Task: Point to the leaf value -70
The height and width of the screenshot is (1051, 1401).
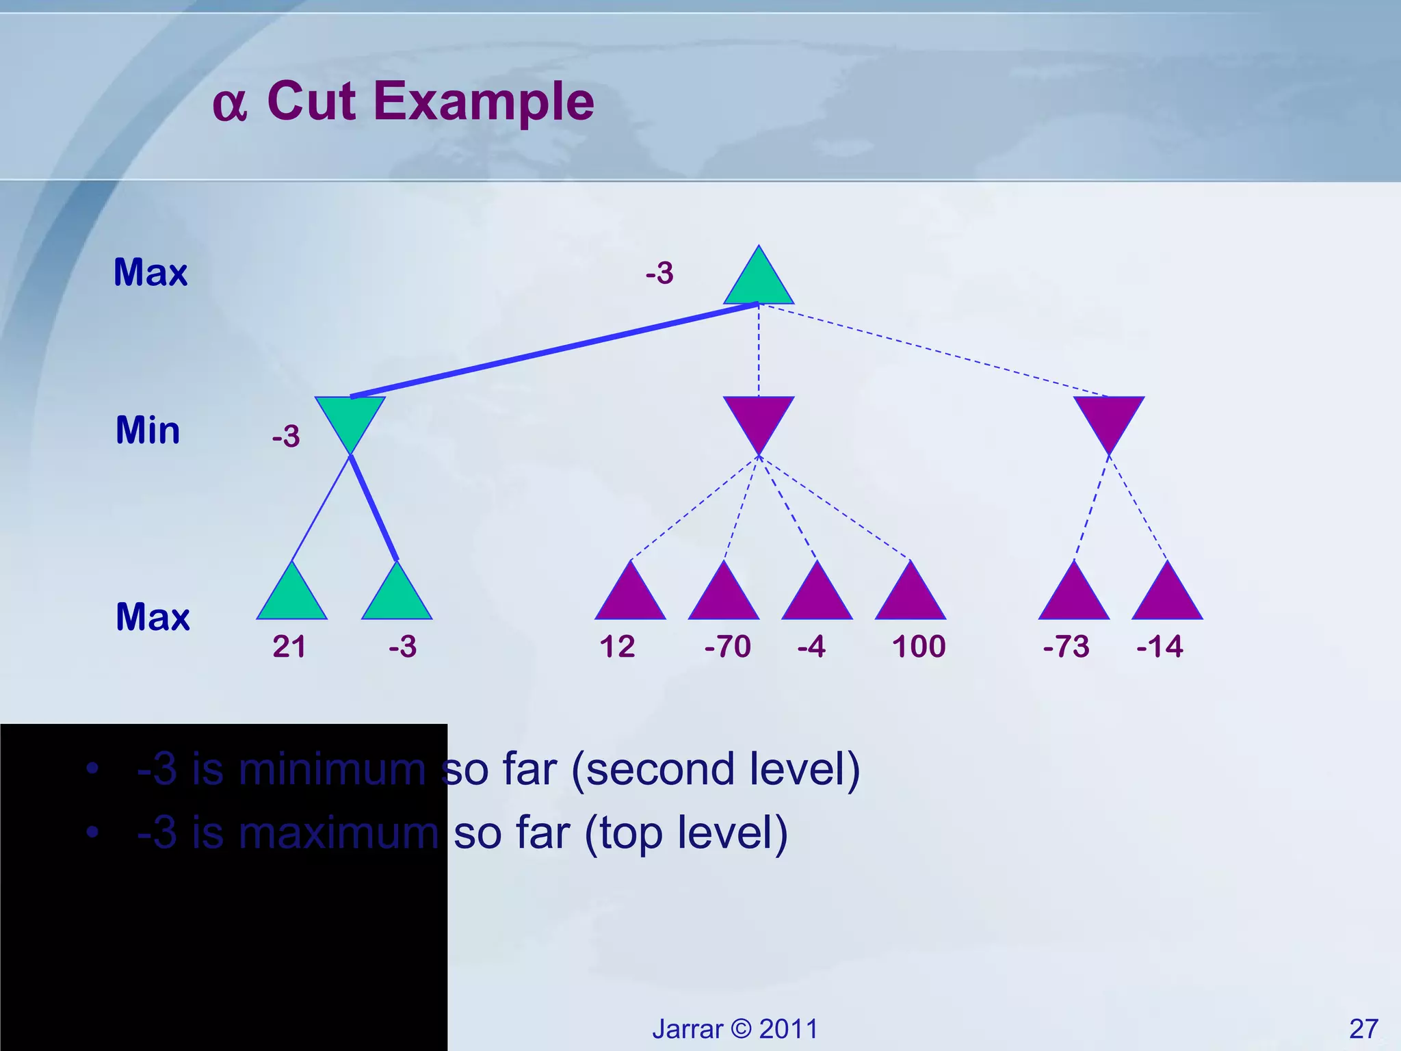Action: pos(727,647)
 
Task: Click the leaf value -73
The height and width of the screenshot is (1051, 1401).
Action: pos(1066,647)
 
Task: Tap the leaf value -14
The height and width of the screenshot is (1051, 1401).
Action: pos(1160,647)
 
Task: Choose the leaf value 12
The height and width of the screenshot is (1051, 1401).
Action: pos(617,647)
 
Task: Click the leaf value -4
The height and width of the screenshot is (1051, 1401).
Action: pos(811,647)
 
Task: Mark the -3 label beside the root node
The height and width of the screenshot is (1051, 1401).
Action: pos(659,273)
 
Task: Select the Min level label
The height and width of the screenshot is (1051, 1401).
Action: pos(148,430)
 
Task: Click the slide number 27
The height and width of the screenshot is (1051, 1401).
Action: pos(1363,1028)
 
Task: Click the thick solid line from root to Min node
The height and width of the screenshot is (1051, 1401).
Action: pos(554,350)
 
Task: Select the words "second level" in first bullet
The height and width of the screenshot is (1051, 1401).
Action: pos(716,769)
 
